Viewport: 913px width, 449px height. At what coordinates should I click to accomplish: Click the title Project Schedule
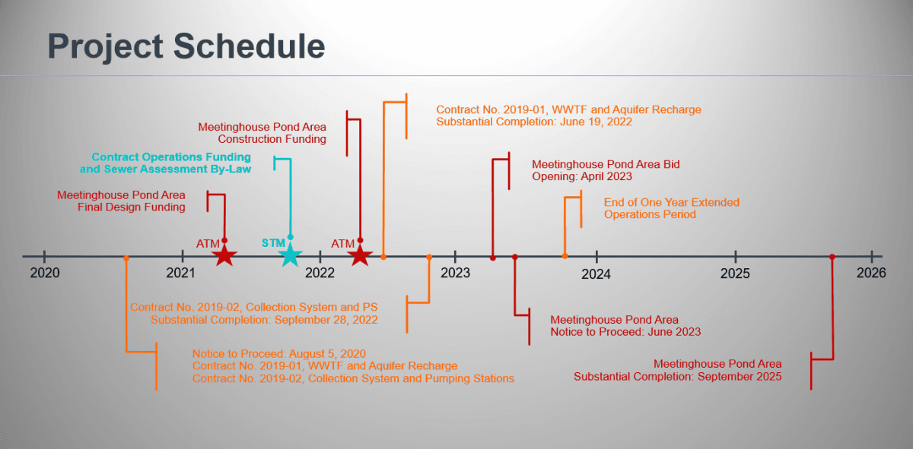(186, 46)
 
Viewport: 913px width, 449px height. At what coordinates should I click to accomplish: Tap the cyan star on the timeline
(290, 255)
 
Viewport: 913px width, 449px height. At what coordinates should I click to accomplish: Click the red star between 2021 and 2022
(223, 255)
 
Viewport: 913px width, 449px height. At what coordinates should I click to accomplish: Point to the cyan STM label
(273, 242)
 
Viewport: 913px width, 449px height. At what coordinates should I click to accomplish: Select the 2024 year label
(596, 274)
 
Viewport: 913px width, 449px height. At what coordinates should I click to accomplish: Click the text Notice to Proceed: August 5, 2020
(279, 354)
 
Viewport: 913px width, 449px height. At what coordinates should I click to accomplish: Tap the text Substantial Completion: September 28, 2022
(264, 320)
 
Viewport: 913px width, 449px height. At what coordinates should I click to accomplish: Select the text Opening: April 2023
(582, 176)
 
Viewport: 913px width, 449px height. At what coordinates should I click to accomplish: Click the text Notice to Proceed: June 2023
(625, 332)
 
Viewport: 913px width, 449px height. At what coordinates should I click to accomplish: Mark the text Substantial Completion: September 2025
(677, 377)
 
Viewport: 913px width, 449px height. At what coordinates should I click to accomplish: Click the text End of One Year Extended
(671, 203)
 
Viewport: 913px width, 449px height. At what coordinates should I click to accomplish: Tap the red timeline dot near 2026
(832, 257)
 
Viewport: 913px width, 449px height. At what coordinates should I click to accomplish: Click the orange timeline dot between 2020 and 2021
(126, 258)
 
